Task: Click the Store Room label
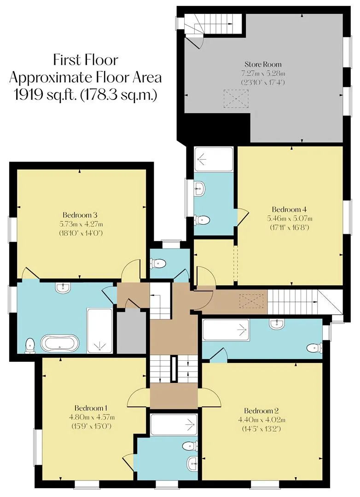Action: (263, 64)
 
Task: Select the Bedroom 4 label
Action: (290, 209)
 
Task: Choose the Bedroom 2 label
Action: (261, 411)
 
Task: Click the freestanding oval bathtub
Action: (60, 344)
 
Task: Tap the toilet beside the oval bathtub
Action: (30, 346)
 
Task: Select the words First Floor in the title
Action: (86, 60)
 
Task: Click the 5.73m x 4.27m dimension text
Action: (81, 224)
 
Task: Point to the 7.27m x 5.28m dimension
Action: (263, 74)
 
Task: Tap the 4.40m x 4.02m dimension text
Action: (261, 420)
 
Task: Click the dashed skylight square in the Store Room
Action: (236, 99)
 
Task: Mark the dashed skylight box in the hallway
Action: (251, 300)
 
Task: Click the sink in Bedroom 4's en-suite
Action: (200, 189)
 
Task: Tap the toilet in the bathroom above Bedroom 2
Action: (314, 348)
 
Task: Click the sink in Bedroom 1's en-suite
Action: (193, 464)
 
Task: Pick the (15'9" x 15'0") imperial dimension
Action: (92, 426)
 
